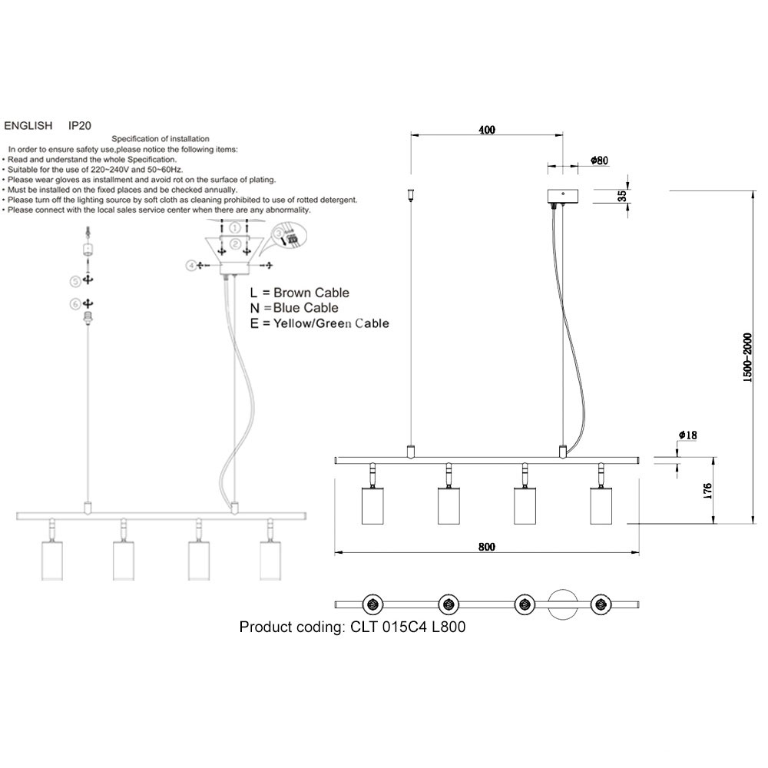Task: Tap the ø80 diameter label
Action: [600, 161]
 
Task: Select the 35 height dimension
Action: [622, 196]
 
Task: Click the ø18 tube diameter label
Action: [687, 435]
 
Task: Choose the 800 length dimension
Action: [486, 547]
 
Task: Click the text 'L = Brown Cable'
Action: [300, 293]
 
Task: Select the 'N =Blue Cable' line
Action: [295, 308]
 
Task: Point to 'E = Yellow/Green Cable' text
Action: [319, 323]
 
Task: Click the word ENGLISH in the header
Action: [28, 124]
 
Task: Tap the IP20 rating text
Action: [81, 124]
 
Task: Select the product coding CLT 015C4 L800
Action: [353, 627]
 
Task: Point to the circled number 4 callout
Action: [190, 265]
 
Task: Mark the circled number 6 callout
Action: [75, 304]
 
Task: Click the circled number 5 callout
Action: [75, 280]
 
